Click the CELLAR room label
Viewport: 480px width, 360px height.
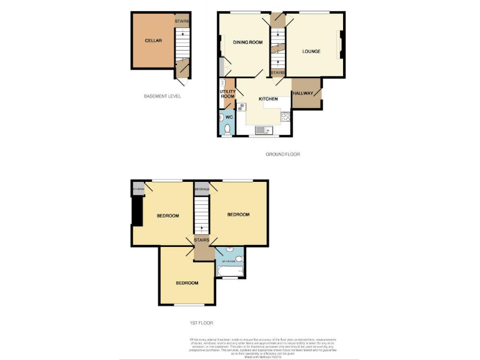point(153,41)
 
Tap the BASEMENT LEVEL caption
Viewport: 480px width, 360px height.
point(162,96)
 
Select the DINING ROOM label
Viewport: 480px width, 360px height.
point(247,42)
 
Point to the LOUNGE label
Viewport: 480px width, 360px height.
point(311,51)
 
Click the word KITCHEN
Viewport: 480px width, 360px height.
point(268,99)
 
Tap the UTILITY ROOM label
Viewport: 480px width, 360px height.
point(227,94)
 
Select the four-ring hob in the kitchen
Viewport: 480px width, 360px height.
point(285,116)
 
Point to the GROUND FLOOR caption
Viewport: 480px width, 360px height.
point(282,154)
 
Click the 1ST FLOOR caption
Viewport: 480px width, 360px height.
point(201,323)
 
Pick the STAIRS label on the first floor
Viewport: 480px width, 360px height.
point(201,239)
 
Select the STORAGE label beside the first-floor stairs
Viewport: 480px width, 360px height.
point(202,189)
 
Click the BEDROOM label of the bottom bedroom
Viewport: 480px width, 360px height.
point(187,282)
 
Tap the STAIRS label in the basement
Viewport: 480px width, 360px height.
point(181,21)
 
